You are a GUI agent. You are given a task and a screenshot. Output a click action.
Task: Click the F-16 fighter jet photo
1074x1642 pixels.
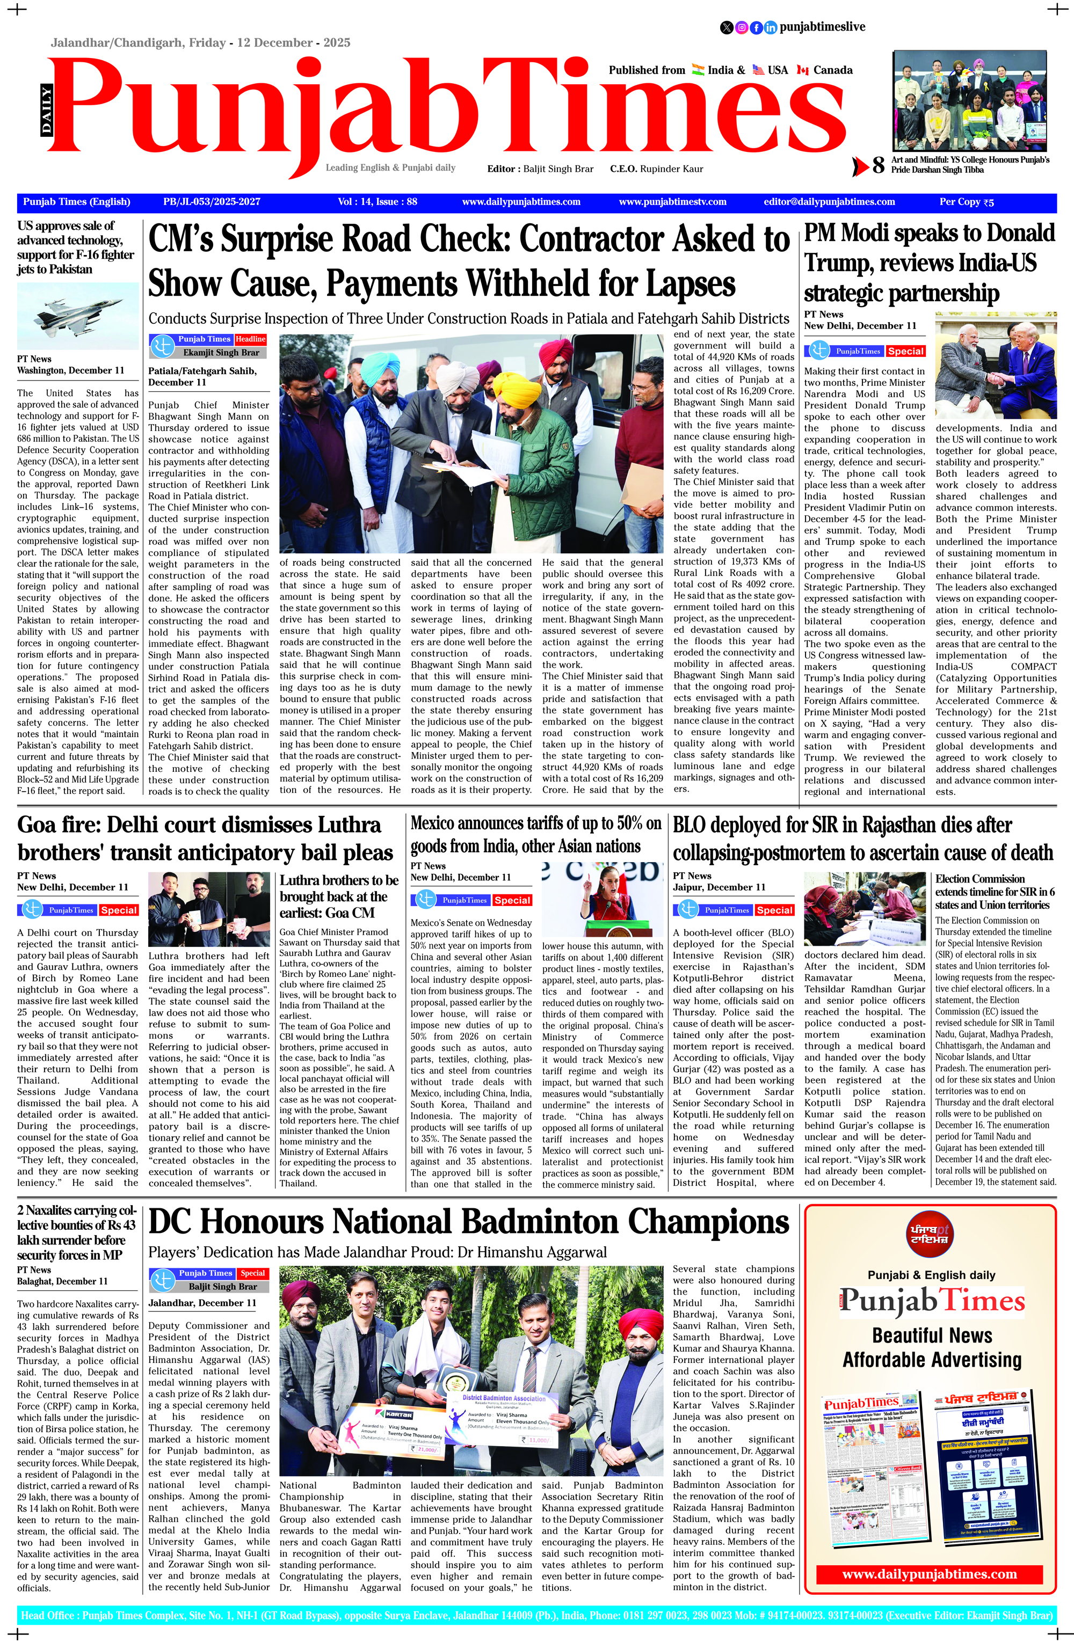click(x=78, y=317)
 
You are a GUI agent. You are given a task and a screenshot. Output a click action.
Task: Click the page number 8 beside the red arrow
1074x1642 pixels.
click(x=878, y=165)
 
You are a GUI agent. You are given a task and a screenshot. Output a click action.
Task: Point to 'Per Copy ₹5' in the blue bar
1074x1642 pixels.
click(x=966, y=202)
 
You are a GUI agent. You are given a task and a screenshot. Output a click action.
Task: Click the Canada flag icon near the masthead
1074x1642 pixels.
click(x=802, y=70)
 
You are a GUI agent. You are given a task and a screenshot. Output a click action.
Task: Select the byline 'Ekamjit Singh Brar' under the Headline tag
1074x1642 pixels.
click(x=221, y=353)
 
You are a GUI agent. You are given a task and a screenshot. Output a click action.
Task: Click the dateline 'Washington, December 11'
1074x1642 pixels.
click(x=70, y=370)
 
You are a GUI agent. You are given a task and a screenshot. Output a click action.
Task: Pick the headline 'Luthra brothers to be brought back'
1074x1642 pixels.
click(x=339, y=896)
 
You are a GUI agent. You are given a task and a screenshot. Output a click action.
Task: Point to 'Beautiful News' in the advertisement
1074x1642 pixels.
click(x=932, y=1336)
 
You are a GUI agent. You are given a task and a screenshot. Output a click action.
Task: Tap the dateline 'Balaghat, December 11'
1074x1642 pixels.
click(x=62, y=1281)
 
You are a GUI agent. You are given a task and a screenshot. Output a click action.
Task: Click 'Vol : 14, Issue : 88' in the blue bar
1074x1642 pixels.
click(x=378, y=202)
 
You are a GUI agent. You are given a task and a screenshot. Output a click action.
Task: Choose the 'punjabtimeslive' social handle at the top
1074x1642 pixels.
click(x=822, y=27)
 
